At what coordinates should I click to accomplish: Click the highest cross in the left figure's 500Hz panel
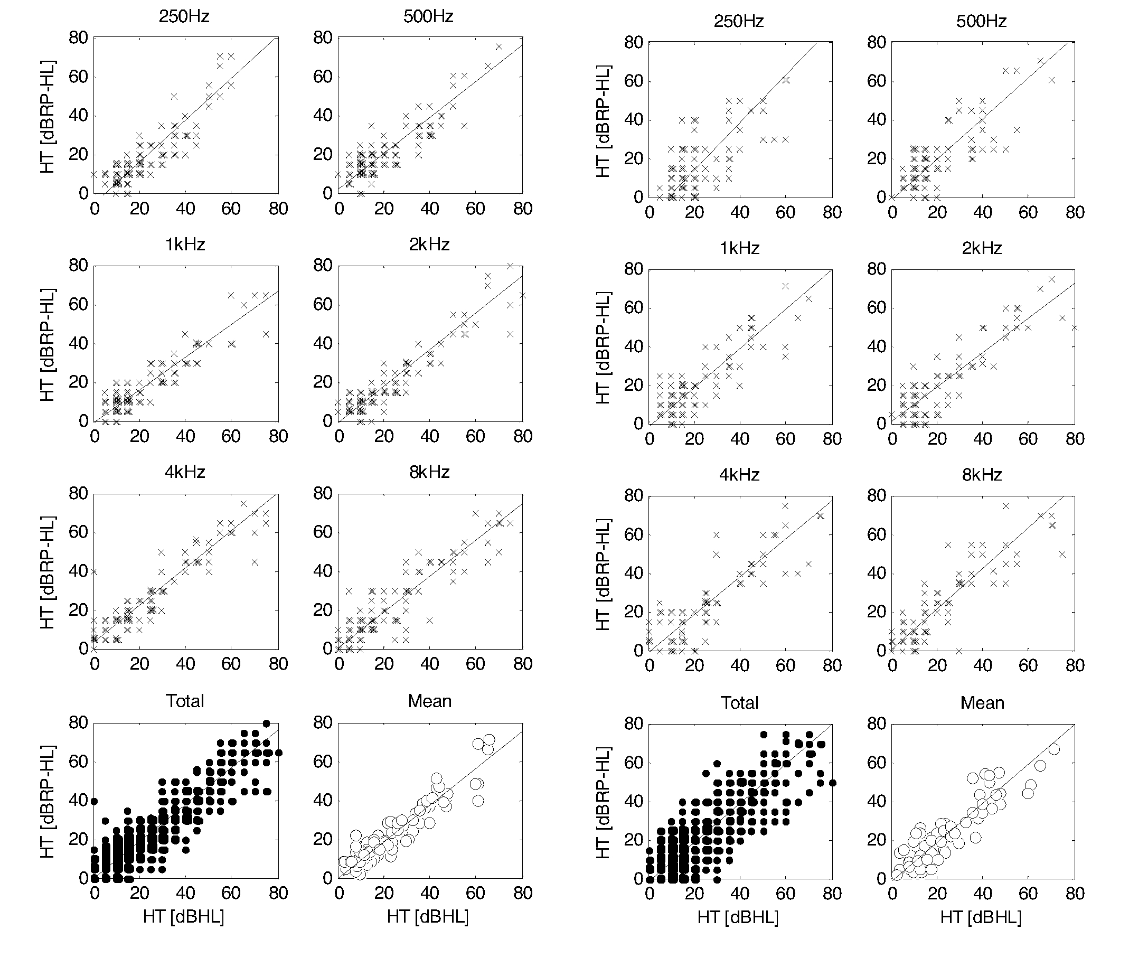click(499, 46)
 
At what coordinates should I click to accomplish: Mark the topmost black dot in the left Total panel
click(267, 724)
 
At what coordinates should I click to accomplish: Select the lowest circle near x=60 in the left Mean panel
click(478, 801)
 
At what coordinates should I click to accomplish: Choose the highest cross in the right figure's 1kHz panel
click(785, 286)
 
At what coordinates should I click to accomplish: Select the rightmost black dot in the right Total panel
click(833, 783)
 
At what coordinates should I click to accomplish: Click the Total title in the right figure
click(739, 703)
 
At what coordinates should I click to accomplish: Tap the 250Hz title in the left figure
click(184, 16)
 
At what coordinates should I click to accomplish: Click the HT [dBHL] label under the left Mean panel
click(428, 917)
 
